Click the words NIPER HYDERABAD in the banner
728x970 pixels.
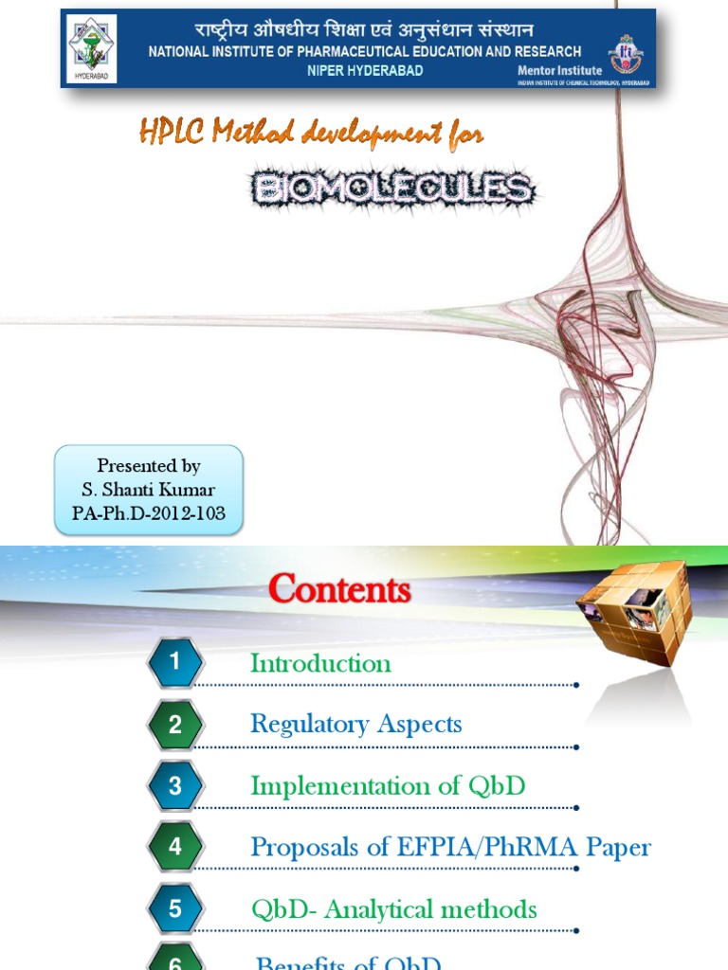[365, 70]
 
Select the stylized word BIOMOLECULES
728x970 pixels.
[391, 189]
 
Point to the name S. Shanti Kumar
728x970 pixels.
[149, 490]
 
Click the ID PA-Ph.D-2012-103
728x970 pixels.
[149, 512]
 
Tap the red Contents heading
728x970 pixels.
[338, 590]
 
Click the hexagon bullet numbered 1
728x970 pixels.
[175, 663]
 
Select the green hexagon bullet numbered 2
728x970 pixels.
[175, 725]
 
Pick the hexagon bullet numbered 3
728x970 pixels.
[175, 786]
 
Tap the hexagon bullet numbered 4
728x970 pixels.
[175, 847]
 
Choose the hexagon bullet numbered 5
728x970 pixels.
[175, 909]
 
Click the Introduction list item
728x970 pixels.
[320, 663]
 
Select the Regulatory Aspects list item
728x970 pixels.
[355, 725]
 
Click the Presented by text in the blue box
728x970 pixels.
[149, 466]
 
